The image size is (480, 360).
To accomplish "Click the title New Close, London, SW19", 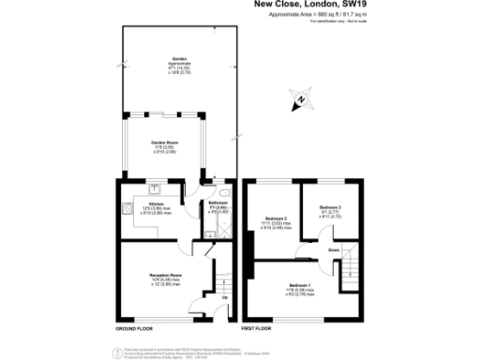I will (x=311, y=6).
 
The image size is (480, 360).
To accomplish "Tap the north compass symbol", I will (x=300, y=99).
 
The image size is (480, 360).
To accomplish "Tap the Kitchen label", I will (x=157, y=207).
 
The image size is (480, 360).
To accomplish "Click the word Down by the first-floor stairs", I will (x=334, y=250).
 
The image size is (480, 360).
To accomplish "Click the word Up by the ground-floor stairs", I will (x=222, y=300).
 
